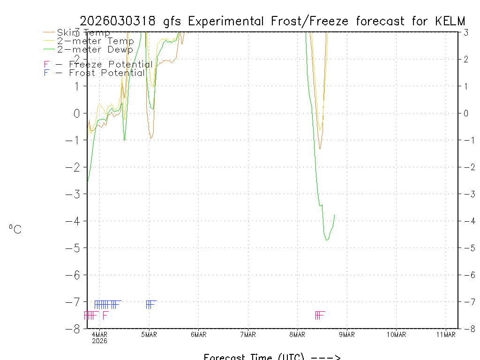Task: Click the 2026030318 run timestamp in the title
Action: point(119,21)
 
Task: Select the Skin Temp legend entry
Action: point(83,33)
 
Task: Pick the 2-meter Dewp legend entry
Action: point(95,49)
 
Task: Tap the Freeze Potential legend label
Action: point(111,64)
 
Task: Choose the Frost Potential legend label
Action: point(107,73)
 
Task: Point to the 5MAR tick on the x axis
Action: point(149,334)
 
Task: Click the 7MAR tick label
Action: point(248,334)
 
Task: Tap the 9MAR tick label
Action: point(347,334)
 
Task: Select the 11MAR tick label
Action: point(446,334)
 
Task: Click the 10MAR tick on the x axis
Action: point(396,334)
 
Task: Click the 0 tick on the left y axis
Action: point(77,113)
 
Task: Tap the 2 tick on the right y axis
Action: point(466,59)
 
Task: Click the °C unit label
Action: point(15,229)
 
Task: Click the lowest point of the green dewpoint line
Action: point(327,240)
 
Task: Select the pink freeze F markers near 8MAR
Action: point(320,315)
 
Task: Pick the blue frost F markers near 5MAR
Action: point(150,305)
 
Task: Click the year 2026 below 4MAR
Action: point(99,341)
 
